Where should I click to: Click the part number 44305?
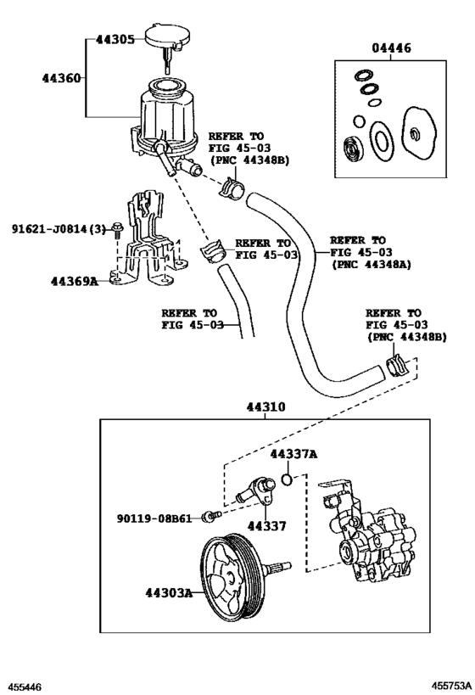(x=115, y=40)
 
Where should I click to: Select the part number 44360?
(x=62, y=78)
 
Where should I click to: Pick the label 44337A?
(x=293, y=455)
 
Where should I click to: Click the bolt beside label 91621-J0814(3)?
(x=120, y=230)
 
